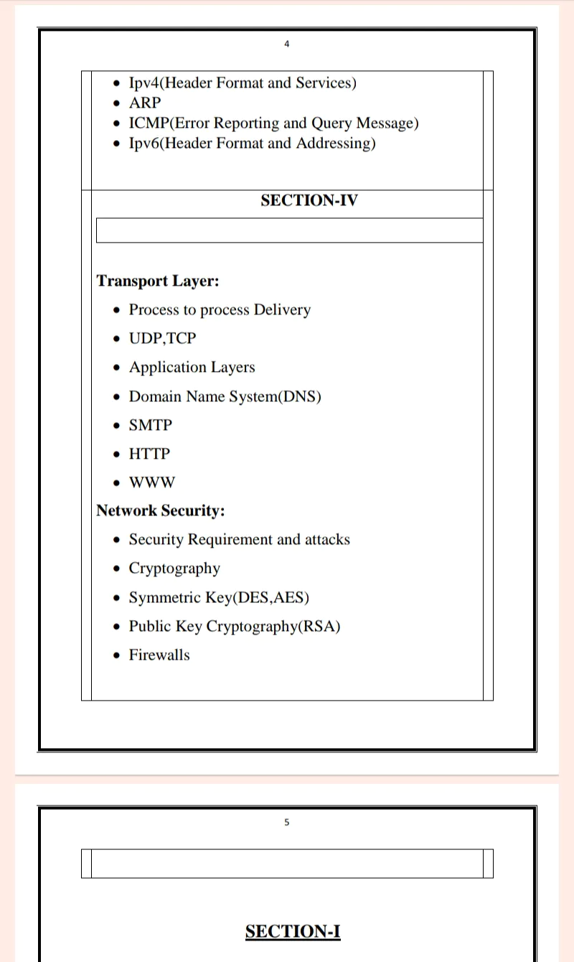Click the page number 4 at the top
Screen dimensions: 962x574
pyautogui.click(x=287, y=45)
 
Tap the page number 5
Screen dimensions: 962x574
pyautogui.click(x=287, y=823)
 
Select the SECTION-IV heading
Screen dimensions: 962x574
pyautogui.click(x=309, y=200)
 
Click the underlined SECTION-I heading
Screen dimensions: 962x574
pyautogui.click(x=293, y=932)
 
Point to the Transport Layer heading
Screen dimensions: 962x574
pyautogui.click(x=158, y=281)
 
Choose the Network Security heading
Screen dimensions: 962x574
pyautogui.click(x=161, y=510)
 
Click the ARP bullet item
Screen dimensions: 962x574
pyautogui.click(x=145, y=103)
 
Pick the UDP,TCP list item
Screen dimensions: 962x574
pyautogui.click(x=162, y=338)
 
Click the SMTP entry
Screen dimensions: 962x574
pyautogui.click(x=151, y=425)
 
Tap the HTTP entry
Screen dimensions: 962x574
pyautogui.click(x=149, y=454)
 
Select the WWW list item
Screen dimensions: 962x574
pyautogui.click(x=151, y=482)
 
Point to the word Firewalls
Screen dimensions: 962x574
pyautogui.click(x=159, y=655)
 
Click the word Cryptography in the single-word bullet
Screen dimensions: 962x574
pyautogui.click(x=174, y=569)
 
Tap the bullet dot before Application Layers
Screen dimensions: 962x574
pyautogui.click(x=118, y=368)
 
